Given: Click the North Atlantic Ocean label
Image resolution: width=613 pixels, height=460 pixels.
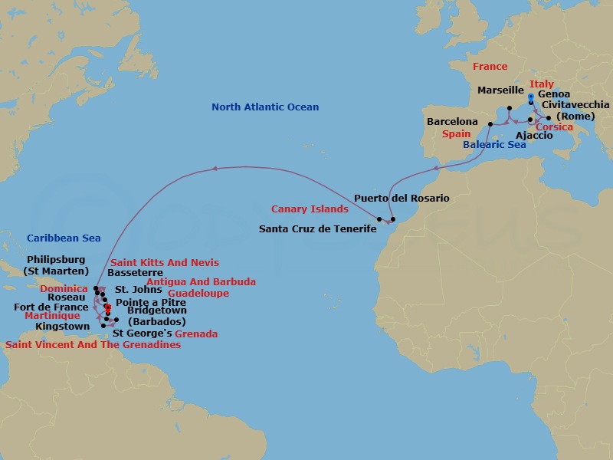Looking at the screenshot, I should coord(265,107).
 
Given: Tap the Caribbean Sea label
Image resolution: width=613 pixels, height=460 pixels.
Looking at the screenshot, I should coord(64,238).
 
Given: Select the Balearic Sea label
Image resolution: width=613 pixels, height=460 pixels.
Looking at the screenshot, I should coord(494,144).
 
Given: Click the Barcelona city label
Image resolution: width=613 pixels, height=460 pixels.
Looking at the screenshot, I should coord(452,122).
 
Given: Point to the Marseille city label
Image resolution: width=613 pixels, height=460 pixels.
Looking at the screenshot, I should coord(500,90).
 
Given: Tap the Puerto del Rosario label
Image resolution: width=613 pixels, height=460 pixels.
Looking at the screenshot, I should coord(402,199).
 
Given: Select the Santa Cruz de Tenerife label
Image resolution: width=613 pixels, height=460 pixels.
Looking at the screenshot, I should coord(318,228).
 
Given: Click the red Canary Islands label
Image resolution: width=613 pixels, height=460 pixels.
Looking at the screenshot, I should coord(310,209).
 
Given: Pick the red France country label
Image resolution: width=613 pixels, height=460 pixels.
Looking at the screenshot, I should coord(490,67).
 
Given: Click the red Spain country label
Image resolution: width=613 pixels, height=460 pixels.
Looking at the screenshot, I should coord(456,133).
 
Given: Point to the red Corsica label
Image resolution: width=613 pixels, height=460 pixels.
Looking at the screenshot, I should coord(553,127).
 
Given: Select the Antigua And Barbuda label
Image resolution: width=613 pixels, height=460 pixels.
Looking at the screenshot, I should coord(201,282).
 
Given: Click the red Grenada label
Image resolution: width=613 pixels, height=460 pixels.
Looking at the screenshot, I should coord(196,334).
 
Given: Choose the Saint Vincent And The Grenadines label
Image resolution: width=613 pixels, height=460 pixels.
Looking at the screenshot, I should coord(93,345).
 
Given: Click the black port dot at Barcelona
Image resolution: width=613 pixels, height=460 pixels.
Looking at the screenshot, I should coord(490,122).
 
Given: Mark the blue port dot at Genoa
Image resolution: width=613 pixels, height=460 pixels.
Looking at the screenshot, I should coord(531,97).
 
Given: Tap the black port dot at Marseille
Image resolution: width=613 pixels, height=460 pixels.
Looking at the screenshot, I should coord(510,108).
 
